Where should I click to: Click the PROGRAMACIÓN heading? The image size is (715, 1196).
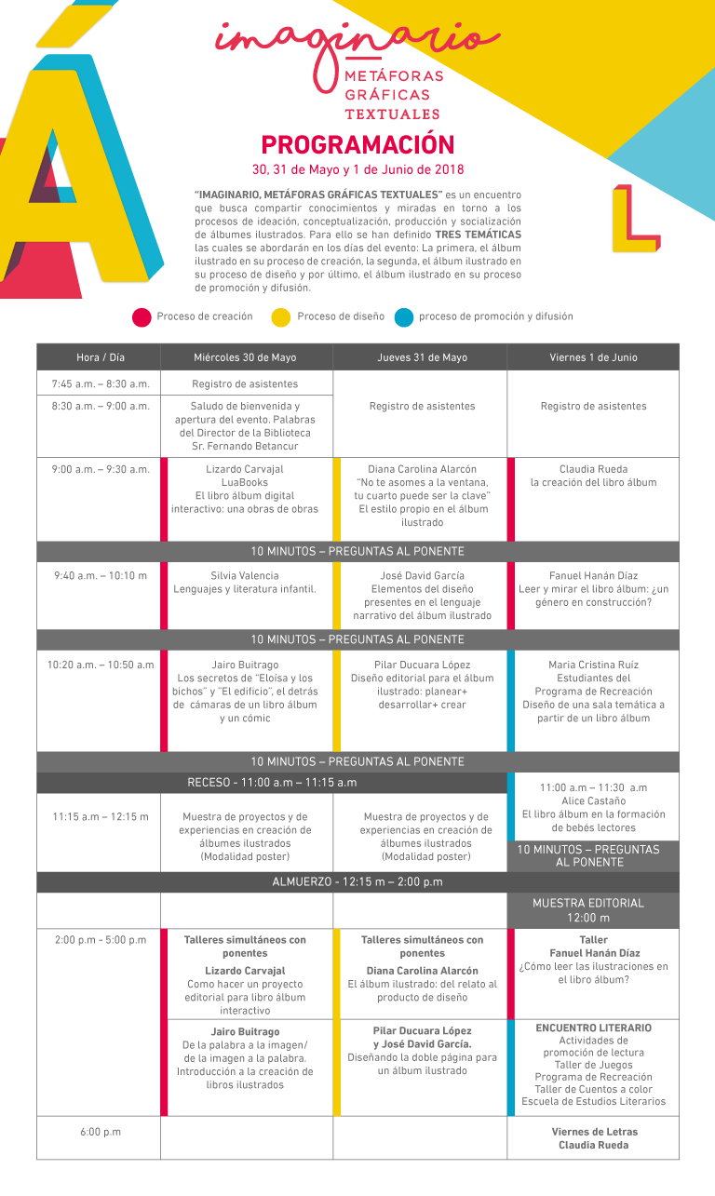point(357,145)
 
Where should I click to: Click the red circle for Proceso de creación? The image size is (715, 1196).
point(142,317)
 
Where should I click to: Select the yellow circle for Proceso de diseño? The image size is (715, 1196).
point(280,317)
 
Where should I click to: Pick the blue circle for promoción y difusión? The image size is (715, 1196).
point(403,317)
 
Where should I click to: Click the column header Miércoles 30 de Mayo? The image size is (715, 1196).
point(246,357)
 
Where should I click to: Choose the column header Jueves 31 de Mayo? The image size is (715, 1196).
point(423,357)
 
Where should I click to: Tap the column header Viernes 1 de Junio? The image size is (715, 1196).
point(593,357)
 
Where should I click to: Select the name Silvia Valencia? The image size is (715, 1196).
point(245,576)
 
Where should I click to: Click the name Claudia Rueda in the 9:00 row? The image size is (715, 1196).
point(593,469)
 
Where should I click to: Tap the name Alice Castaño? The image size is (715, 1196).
point(593,800)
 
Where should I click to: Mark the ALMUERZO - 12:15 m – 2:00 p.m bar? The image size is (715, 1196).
point(357,881)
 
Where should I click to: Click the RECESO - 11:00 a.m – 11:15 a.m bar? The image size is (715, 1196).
point(272,782)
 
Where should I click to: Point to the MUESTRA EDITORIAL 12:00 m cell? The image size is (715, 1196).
point(593,910)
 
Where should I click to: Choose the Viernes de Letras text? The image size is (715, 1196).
point(594,1132)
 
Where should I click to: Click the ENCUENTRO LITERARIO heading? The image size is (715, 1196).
point(593,1028)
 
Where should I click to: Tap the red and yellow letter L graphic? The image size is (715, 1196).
point(635,219)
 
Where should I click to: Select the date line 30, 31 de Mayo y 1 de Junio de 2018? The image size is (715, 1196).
point(357,170)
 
